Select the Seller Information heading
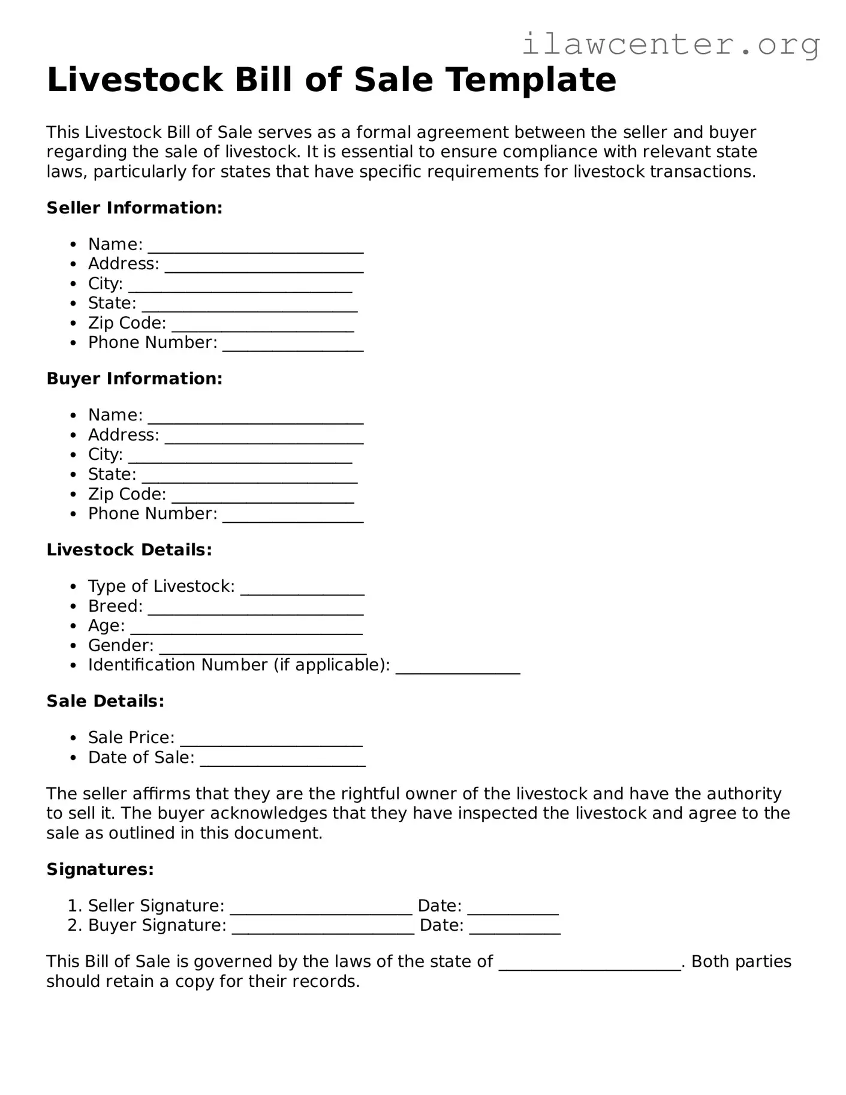tap(134, 208)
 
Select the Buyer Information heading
tap(134, 379)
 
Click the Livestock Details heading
tap(129, 550)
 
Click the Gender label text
tap(121, 646)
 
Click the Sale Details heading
tap(105, 702)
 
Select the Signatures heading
tap(100, 870)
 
